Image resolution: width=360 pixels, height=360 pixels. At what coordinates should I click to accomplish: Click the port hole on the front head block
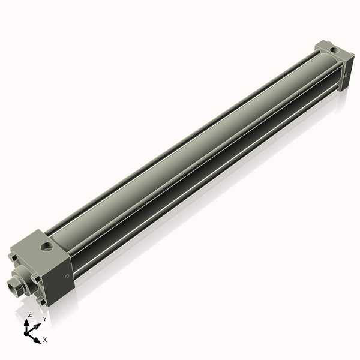click(46, 245)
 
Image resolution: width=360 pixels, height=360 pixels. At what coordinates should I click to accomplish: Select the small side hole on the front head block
click(65, 276)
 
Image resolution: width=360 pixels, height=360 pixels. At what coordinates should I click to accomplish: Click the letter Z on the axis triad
click(29, 314)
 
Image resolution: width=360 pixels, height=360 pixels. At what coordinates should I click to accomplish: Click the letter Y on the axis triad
click(44, 319)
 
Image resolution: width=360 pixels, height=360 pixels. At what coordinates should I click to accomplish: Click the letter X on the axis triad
click(45, 340)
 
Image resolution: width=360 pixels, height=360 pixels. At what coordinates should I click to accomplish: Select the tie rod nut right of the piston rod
click(36, 279)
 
